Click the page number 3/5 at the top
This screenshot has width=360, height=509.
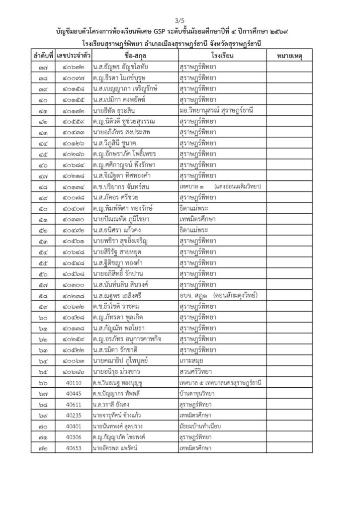tap(180, 20)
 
